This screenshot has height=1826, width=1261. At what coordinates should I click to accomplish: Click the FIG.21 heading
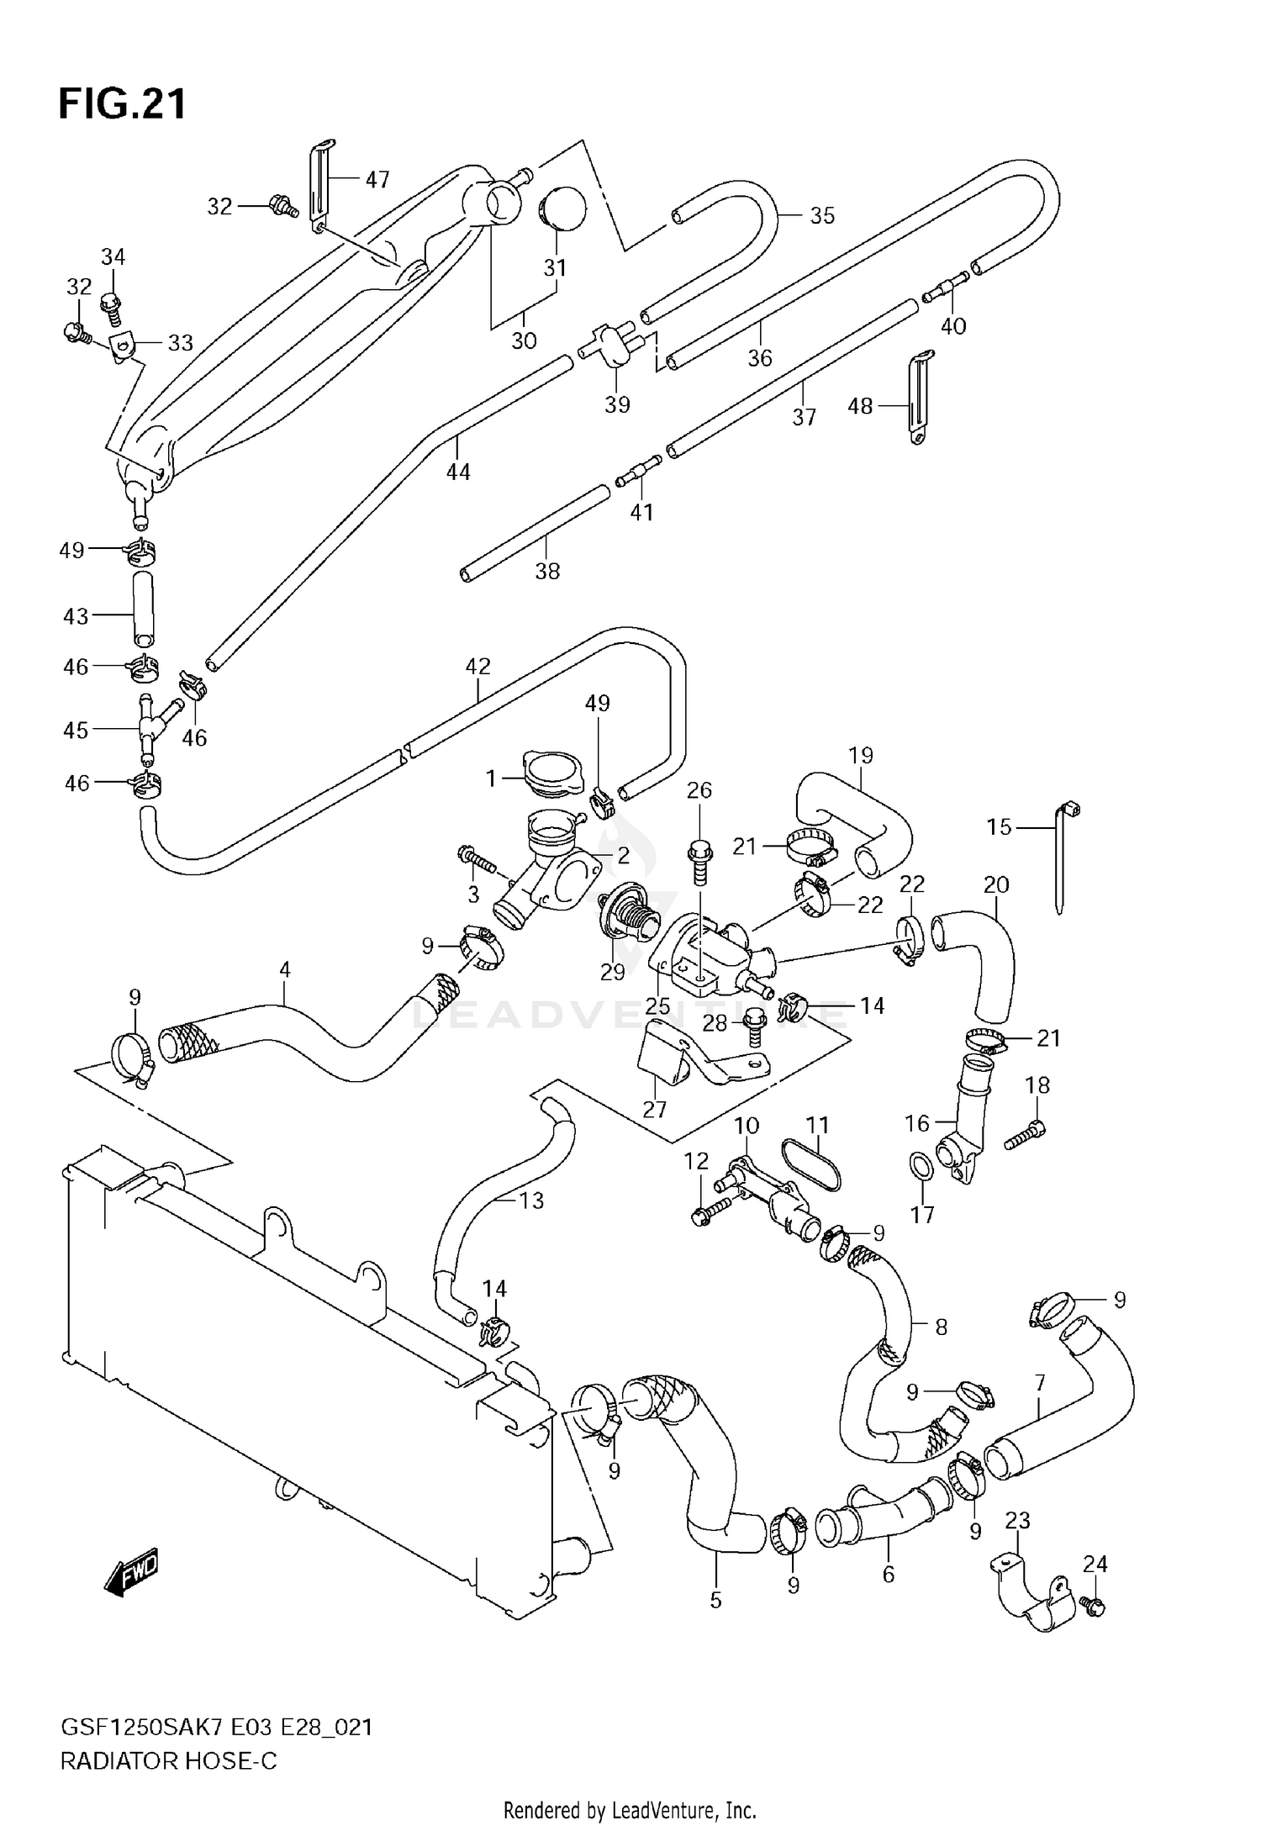(x=123, y=105)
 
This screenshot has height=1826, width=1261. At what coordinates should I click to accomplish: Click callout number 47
(x=377, y=179)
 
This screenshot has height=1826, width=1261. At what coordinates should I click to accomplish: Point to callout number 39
(x=617, y=404)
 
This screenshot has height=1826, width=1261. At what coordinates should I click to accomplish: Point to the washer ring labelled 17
(x=921, y=1167)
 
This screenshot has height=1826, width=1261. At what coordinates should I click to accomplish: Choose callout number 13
(x=531, y=1201)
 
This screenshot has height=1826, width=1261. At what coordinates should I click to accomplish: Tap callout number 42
(x=477, y=667)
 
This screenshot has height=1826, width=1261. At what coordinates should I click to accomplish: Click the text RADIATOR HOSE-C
(x=168, y=1761)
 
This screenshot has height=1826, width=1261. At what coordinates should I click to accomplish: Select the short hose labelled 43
(x=144, y=609)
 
